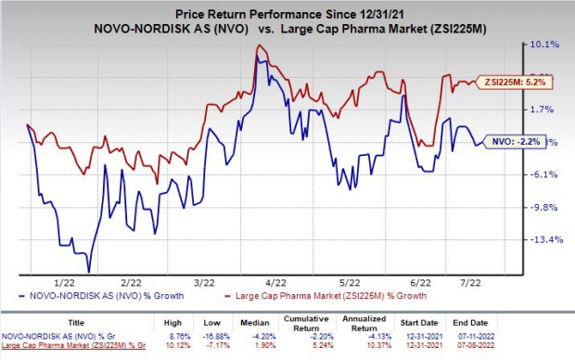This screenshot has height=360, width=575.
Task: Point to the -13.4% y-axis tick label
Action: tap(543, 239)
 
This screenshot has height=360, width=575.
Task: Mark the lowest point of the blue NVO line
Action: tap(89, 272)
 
